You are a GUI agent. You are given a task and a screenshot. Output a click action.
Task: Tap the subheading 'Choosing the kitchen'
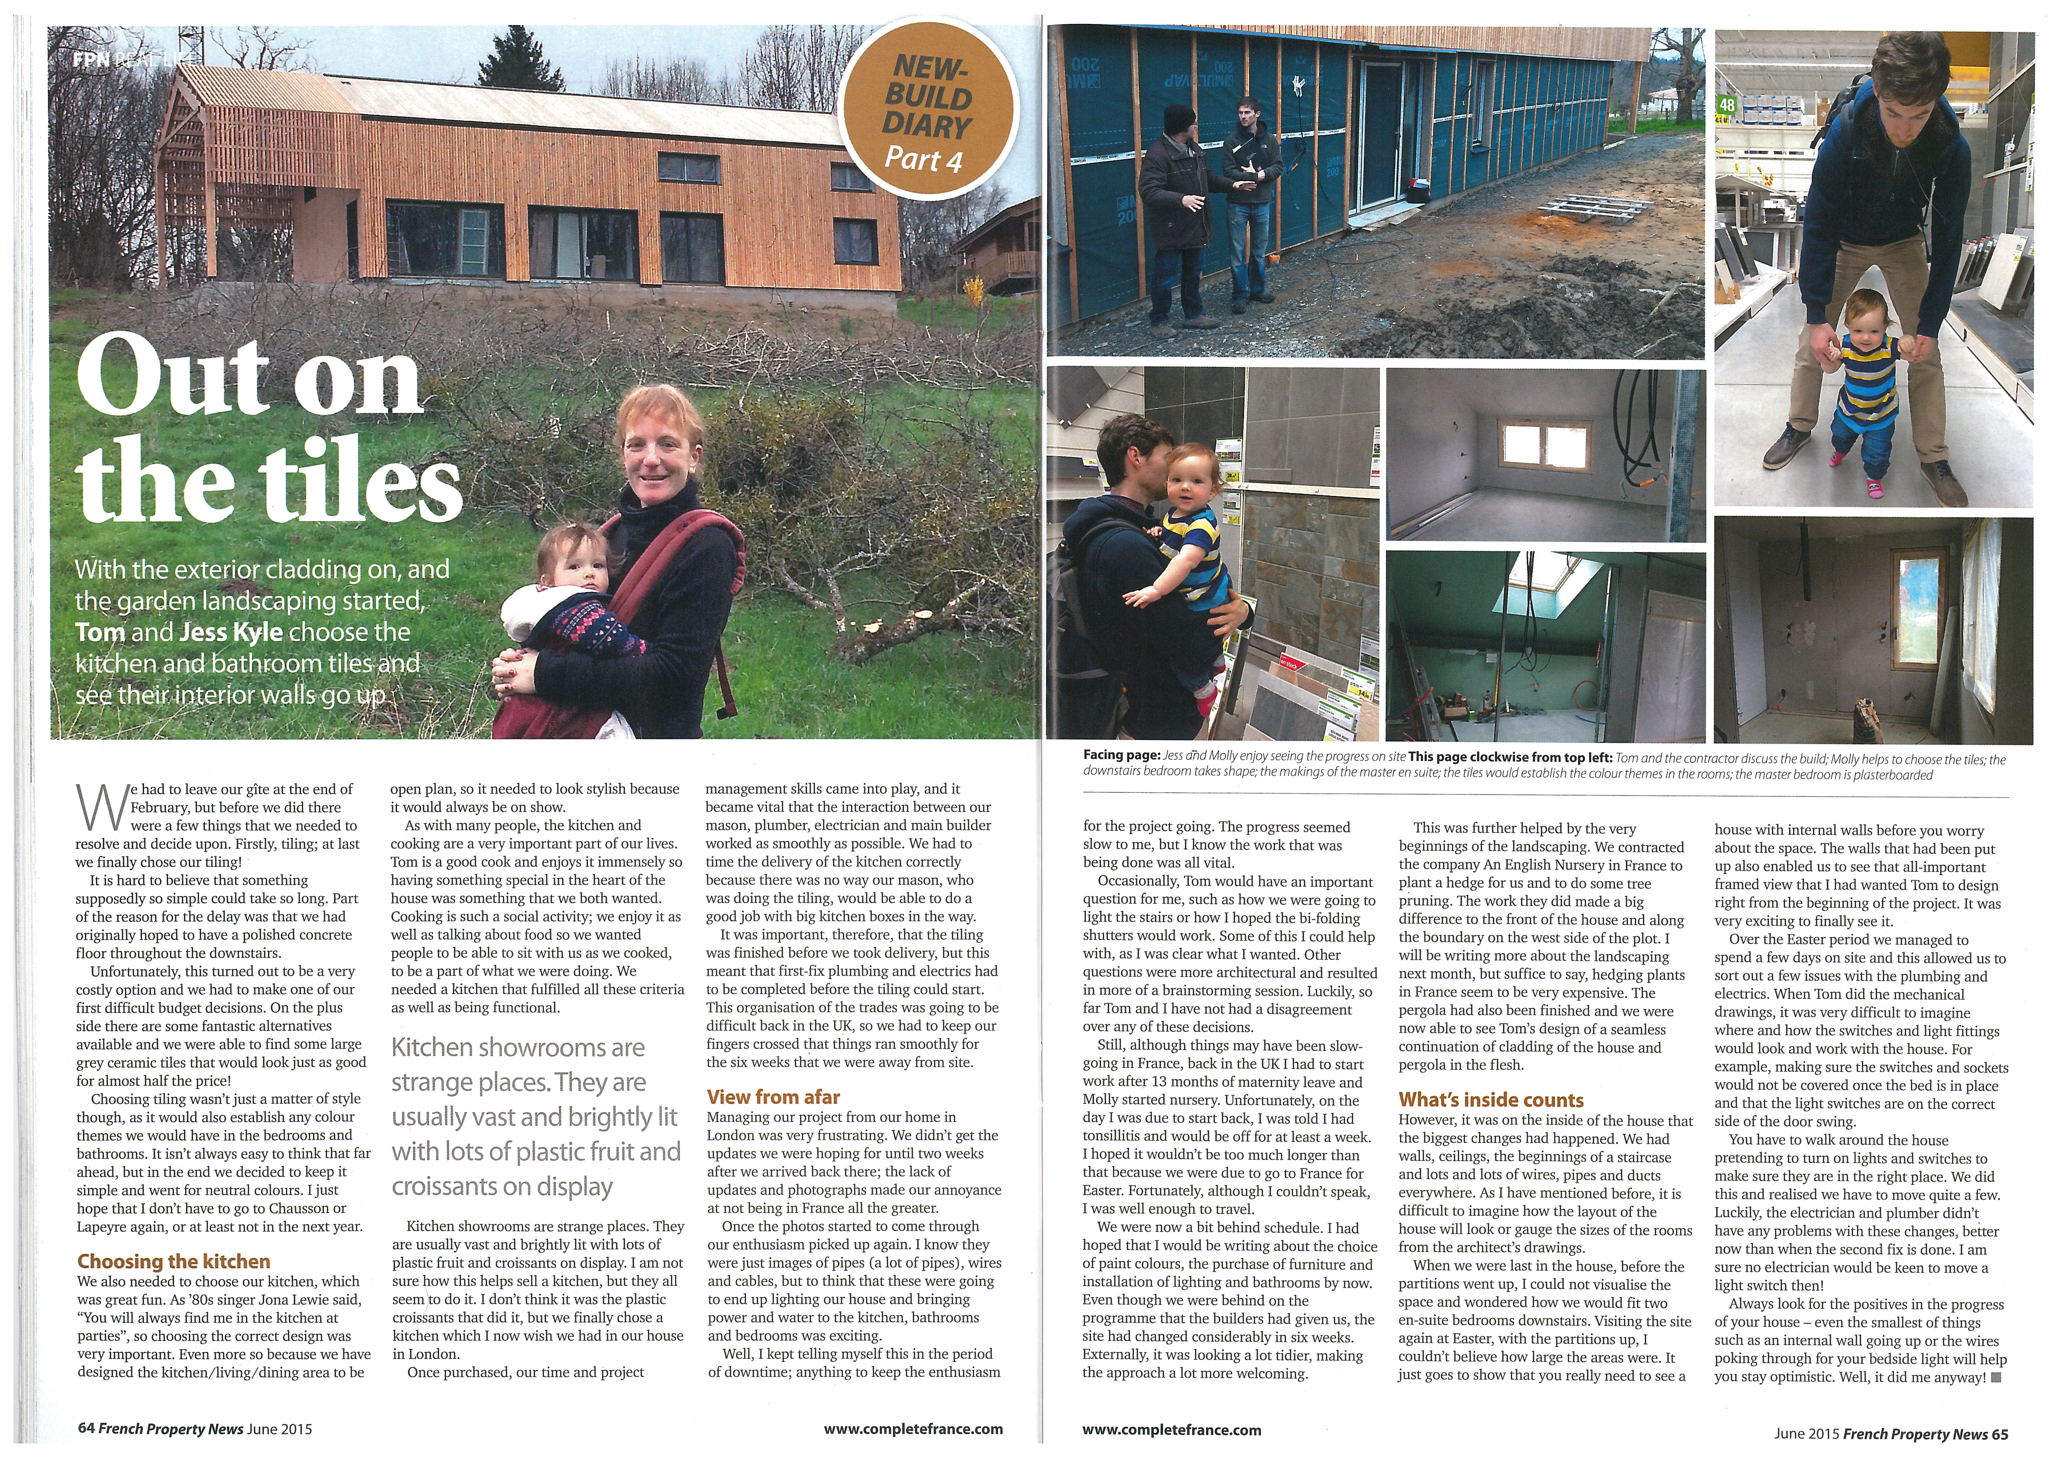coord(173,1261)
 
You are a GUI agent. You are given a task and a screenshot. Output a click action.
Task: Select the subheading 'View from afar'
coord(773,1097)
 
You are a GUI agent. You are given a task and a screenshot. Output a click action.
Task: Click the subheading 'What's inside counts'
coord(1491,1099)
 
